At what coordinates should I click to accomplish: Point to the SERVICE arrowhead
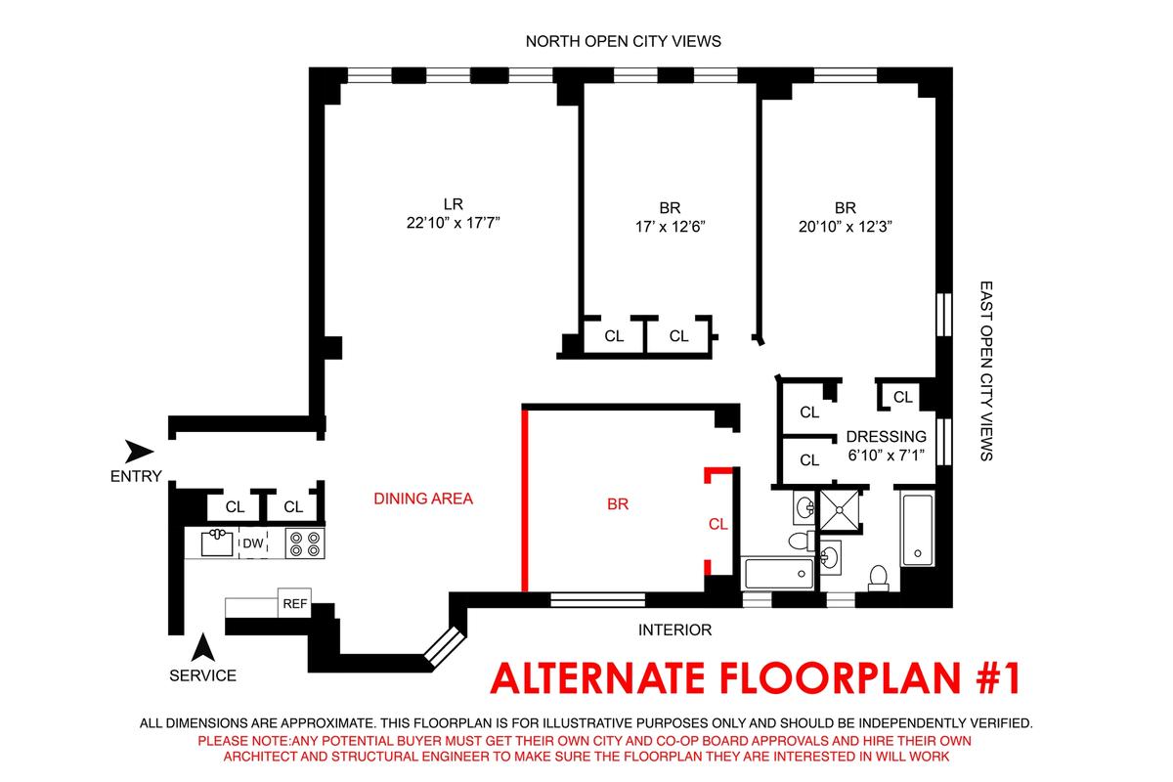coord(202,647)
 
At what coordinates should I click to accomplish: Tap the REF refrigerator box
coord(294,603)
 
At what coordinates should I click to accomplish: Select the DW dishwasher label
coord(253,543)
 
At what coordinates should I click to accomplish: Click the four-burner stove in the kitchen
coord(305,543)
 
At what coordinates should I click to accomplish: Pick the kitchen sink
coord(217,543)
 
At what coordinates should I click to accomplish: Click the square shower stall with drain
coord(840,509)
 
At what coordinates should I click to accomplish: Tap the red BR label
coord(618,503)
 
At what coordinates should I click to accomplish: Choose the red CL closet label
coord(717,524)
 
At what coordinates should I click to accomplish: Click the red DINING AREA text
coord(423,499)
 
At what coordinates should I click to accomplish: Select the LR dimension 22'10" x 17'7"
coord(454,223)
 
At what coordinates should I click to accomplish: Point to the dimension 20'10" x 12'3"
coord(846,226)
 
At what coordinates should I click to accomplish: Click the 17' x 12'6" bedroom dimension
coord(671,226)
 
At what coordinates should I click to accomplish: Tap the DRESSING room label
coord(886,436)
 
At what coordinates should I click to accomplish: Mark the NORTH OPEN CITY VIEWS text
coord(624,41)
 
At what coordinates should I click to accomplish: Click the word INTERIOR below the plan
coord(675,630)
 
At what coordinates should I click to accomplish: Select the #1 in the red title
coord(999,677)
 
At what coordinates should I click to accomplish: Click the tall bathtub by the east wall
coord(918,530)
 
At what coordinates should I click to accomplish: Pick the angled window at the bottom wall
coord(444,646)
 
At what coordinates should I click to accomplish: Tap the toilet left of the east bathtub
coord(878,578)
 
